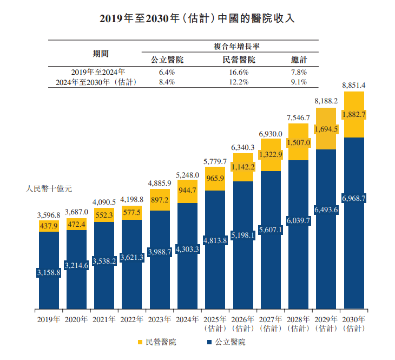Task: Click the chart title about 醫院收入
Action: coord(198,18)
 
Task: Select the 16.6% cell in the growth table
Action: coord(239,72)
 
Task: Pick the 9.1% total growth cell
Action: coord(299,82)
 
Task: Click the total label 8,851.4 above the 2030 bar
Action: coord(354,85)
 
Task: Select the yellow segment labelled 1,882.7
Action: coord(354,114)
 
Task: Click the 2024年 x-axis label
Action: coord(187,319)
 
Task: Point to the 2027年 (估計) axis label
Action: coord(271,323)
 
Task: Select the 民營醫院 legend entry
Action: coord(161,342)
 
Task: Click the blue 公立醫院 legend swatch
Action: coord(209,343)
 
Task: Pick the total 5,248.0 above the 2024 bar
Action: coord(187,175)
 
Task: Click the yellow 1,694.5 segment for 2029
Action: coord(326,129)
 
